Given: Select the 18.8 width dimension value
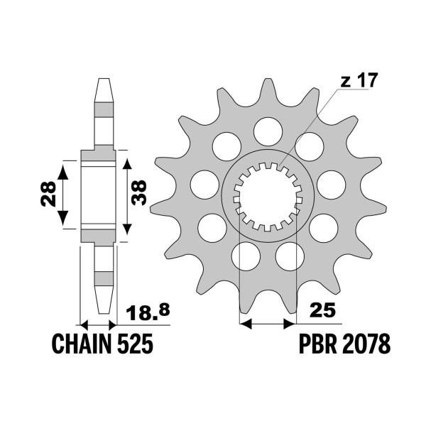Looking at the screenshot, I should [148, 312].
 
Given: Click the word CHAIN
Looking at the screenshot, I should [80, 346].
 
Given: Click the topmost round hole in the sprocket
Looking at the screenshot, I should [267, 129].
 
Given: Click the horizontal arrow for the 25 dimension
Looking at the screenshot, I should [267, 324].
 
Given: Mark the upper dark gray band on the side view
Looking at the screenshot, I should [104, 110].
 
